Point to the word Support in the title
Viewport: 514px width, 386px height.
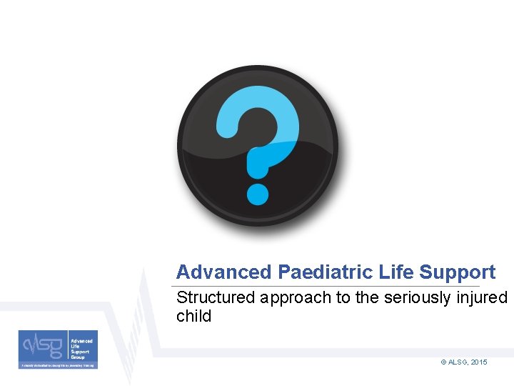point(458,273)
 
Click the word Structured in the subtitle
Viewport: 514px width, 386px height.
point(216,297)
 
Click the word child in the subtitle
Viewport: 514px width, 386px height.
point(193,316)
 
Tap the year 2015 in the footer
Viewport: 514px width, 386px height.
point(479,362)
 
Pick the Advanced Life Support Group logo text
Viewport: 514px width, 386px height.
point(81,348)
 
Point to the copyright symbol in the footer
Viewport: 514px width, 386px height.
point(443,362)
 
